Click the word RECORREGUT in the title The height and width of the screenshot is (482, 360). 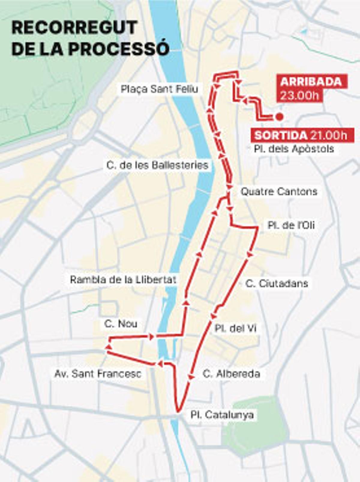pos(74,28)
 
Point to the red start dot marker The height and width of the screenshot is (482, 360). pos(279,116)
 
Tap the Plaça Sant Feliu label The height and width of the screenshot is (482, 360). pos(159,89)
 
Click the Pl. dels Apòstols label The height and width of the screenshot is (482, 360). pos(294,149)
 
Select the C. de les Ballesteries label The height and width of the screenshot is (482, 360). pos(157,165)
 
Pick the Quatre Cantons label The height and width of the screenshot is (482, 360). pos(279,191)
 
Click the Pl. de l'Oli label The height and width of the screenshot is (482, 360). pos(291,225)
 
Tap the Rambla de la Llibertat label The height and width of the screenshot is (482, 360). pos(123,280)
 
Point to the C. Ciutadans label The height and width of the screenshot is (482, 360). pos(277,283)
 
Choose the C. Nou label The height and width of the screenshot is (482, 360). pos(121,324)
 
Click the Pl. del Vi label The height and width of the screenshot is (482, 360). pos(235,328)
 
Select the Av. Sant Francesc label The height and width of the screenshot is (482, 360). pos(98,374)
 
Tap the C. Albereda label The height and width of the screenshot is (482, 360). pos(231,374)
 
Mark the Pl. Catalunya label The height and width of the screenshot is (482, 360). pos(222,415)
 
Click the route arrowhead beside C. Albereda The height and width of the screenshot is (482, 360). pos(190,377)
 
